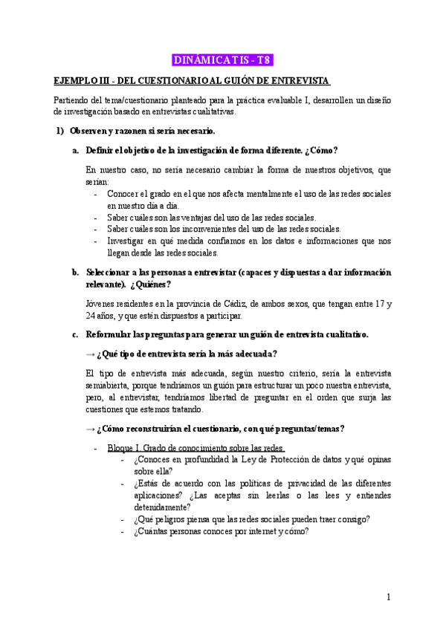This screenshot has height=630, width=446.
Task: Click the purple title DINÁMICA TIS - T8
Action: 222,59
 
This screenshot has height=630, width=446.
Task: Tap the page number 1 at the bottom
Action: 389,597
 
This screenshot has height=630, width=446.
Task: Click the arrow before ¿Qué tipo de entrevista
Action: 90,354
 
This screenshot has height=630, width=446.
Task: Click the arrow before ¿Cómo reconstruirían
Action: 90,429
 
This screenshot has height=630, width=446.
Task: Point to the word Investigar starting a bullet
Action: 129,241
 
